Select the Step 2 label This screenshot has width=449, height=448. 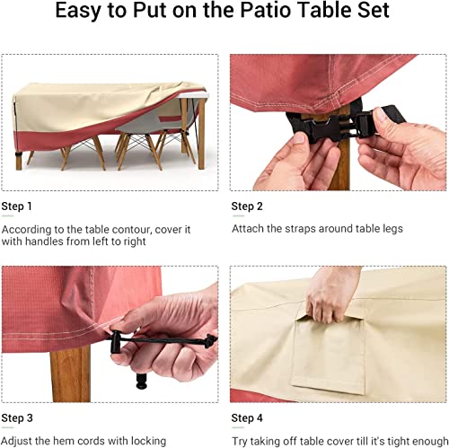pos(247,206)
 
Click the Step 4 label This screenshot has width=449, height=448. pos(247,418)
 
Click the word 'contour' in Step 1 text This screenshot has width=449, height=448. pos(142,229)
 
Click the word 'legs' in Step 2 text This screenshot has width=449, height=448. pos(388,229)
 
